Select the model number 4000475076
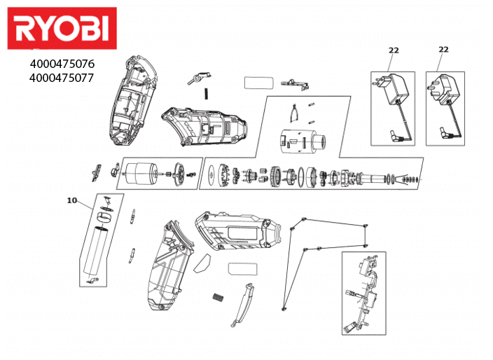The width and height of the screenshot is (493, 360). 62,64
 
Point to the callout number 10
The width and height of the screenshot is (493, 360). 72,200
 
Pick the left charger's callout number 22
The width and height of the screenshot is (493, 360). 394,50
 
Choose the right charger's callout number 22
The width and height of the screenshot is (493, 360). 443,49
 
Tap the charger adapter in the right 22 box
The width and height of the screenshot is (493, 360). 445,91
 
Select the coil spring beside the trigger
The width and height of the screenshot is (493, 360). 218,297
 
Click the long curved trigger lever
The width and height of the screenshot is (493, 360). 242,304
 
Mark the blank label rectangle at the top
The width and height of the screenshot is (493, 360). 257,82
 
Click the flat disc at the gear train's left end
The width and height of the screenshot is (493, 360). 211,174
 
